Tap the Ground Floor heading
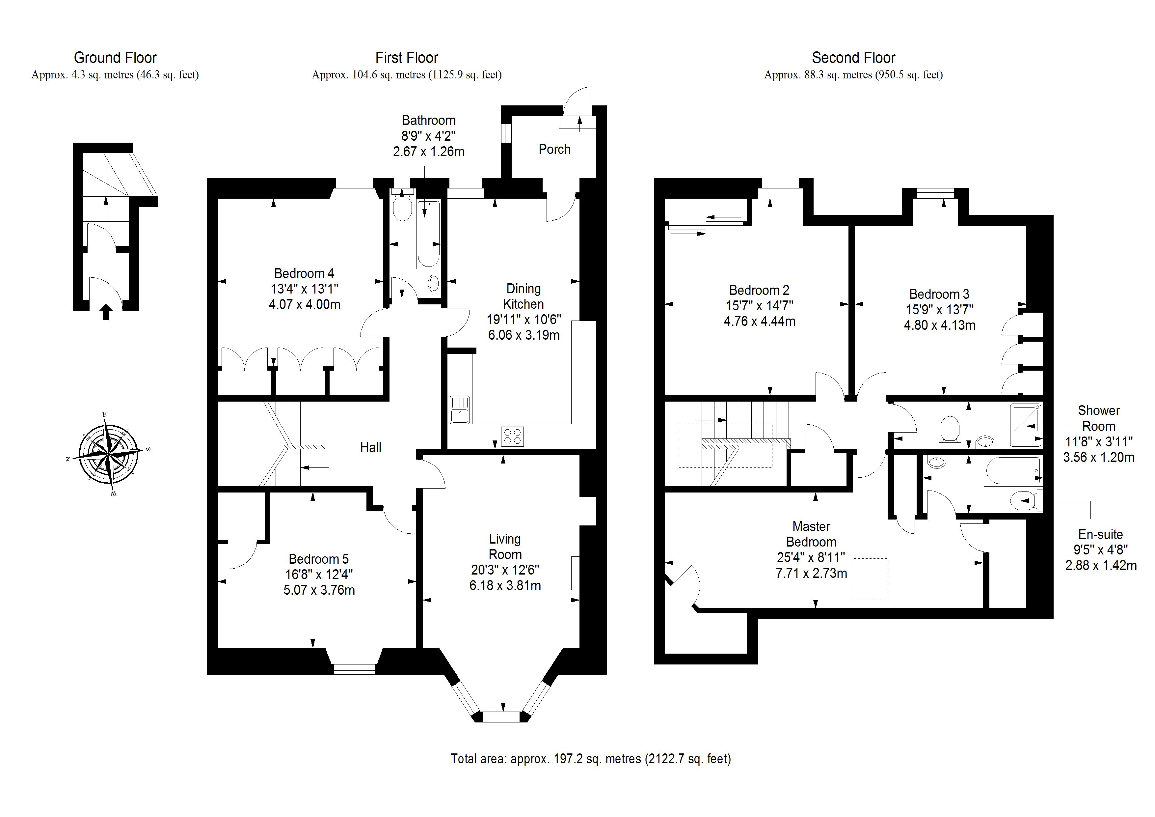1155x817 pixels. point(115,58)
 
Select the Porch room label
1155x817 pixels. point(554,150)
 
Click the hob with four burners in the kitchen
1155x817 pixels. point(512,436)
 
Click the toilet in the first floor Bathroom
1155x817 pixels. point(402,209)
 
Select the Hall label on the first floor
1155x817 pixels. point(371,447)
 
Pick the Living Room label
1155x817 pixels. point(505,547)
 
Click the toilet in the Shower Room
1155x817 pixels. point(950,431)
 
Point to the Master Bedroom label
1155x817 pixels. point(811,534)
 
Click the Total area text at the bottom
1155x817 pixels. point(591,759)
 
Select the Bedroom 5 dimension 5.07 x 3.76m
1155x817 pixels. point(319,590)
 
